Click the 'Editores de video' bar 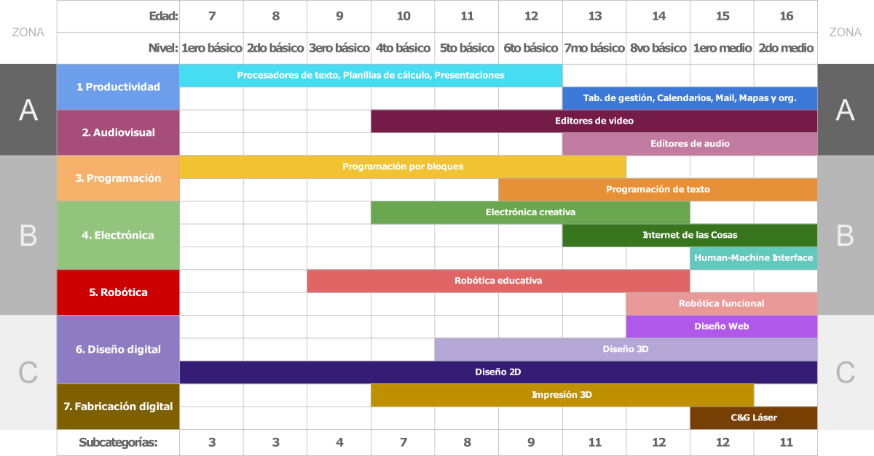tap(594, 121)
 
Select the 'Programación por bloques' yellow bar tap(403, 167)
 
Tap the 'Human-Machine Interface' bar tap(754, 258)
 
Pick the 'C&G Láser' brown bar tap(754, 417)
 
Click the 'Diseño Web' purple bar tap(721, 327)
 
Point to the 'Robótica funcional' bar tap(721, 303)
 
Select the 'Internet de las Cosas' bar tap(690, 235)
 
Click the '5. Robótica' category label tap(118, 292)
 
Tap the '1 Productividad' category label tap(118, 87)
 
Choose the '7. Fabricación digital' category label tap(118, 407)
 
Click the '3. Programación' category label tap(118, 178)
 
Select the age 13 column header tap(594, 16)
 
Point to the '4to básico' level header tap(403, 48)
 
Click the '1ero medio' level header tap(722, 48)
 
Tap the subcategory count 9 tap(530, 442)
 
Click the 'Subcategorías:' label tap(118, 442)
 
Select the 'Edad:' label tap(163, 16)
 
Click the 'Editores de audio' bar tap(690, 144)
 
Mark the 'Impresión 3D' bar tap(562, 395)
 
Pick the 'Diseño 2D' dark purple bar tap(498, 372)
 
